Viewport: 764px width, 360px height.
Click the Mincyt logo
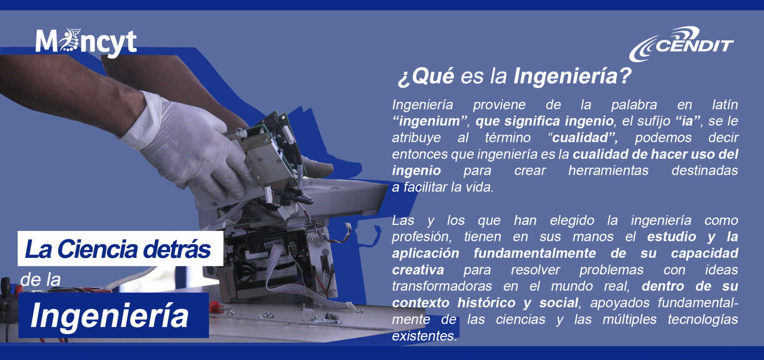point(86,42)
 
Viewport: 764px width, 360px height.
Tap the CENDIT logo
point(682,44)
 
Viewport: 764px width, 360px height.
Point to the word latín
point(725,104)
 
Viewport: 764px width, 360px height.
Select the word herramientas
point(608,170)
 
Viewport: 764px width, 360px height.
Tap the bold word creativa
point(418,270)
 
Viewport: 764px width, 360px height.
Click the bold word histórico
point(486,303)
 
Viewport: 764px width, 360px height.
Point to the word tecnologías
point(703,320)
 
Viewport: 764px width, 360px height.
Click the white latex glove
point(187,145)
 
